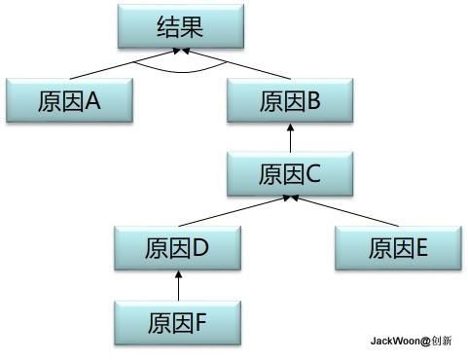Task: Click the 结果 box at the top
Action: (x=179, y=27)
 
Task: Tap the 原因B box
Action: (x=289, y=100)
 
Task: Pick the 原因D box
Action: (x=176, y=247)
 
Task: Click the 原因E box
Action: (x=397, y=247)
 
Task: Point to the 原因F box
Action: (x=176, y=320)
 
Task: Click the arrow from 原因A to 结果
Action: (x=117, y=65)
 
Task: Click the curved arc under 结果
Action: (x=179, y=70)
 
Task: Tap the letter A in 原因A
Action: (x=93, y=100)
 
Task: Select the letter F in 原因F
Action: (x=201, y=320)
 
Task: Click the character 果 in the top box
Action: (x=191, y=27)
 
